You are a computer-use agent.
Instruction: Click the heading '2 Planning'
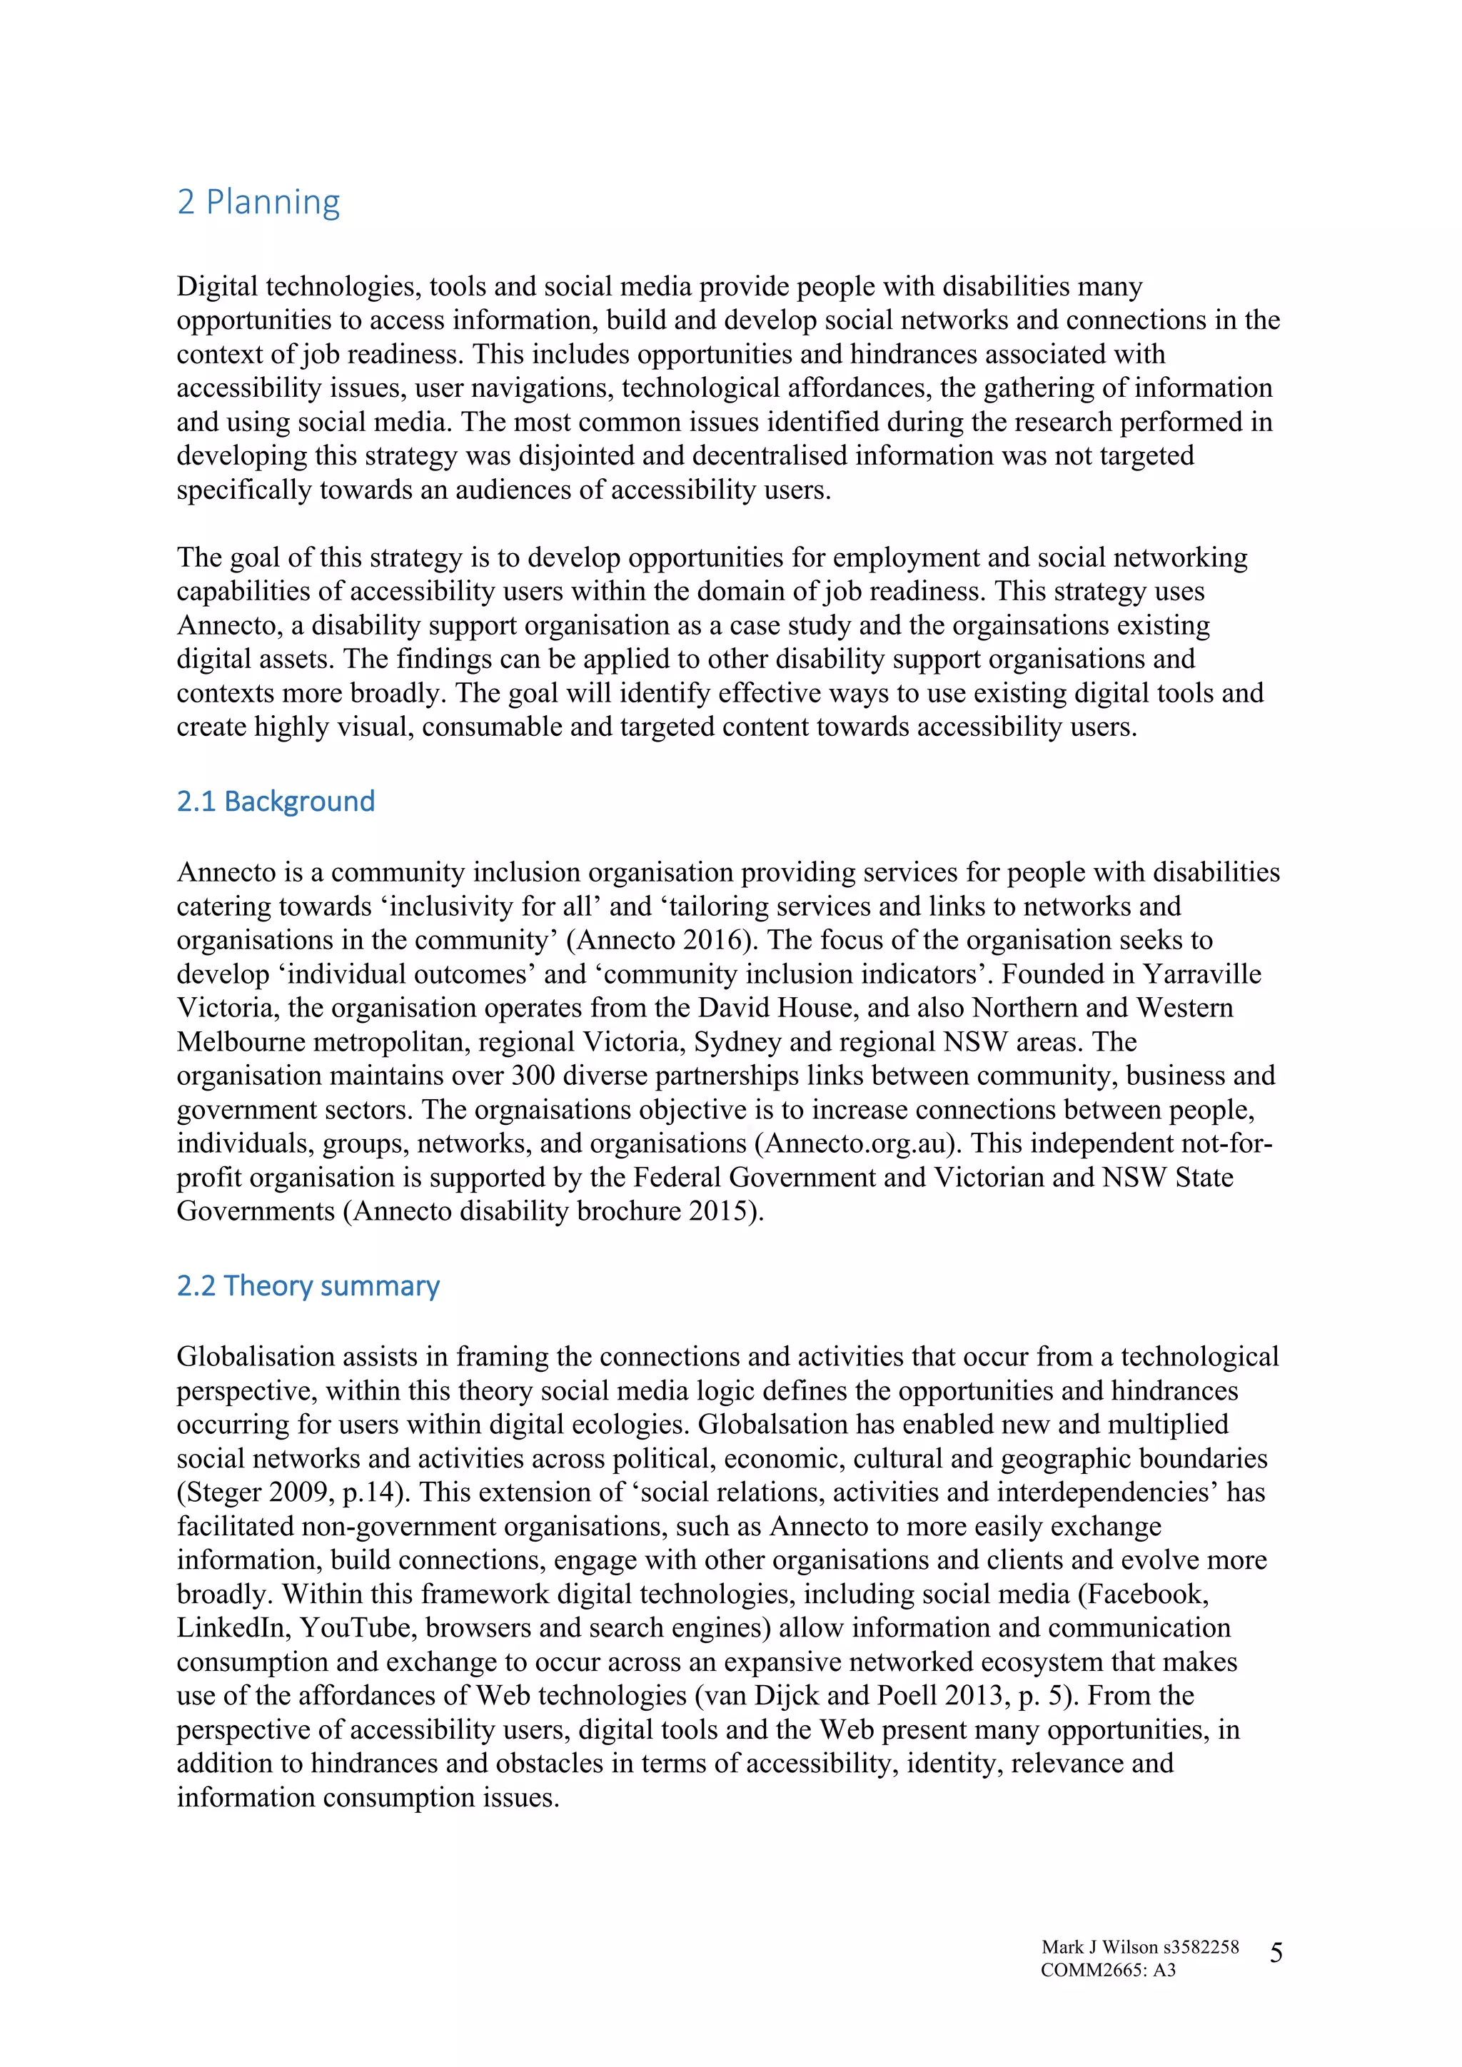pos(258,202)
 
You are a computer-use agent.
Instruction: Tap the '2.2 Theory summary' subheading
pos(308,1285)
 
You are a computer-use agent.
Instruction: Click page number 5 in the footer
pos(1276,1953)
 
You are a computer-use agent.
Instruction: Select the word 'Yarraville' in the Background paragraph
pos(1202,974)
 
